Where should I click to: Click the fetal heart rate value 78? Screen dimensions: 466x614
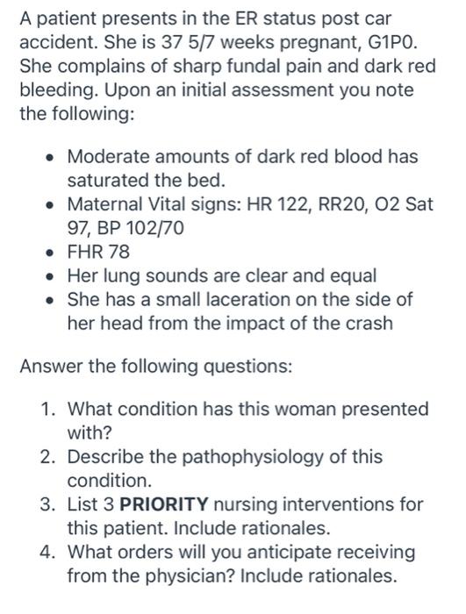[x=123, y=252]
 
